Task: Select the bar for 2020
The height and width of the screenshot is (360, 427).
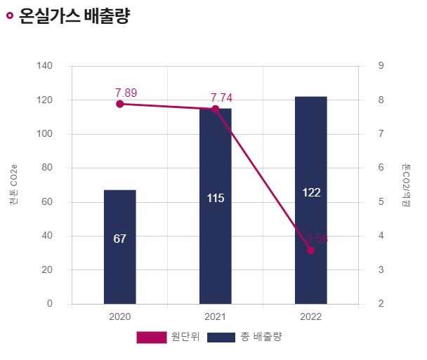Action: pos(119,246)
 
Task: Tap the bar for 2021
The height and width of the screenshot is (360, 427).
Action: pos(215,206)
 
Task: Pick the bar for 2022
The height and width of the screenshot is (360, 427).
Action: pos(310,200)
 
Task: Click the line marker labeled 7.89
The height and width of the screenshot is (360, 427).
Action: pos(119,104)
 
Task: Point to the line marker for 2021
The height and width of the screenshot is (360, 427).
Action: pos(215,109)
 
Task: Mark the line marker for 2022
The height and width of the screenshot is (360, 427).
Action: pos(310,250)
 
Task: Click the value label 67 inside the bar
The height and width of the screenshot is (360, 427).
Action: pos(119,239)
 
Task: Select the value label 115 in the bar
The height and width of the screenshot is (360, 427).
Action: pos(215,199)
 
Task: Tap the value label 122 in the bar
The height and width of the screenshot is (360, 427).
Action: pos(310,192)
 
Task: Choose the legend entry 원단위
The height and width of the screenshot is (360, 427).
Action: pos(169,337)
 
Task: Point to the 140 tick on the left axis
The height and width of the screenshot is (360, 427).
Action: pos(44,66)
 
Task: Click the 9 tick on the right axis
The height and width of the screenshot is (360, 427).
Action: pos(380,66)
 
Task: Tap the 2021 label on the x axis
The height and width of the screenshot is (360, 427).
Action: pos(215,316)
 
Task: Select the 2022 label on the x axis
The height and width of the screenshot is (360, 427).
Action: pos(310,316)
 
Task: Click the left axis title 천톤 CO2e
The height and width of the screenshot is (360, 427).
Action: pos(13,185)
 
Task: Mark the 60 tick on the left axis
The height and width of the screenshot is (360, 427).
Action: pos(47,202)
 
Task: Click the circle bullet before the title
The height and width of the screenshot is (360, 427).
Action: pos(9,17)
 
